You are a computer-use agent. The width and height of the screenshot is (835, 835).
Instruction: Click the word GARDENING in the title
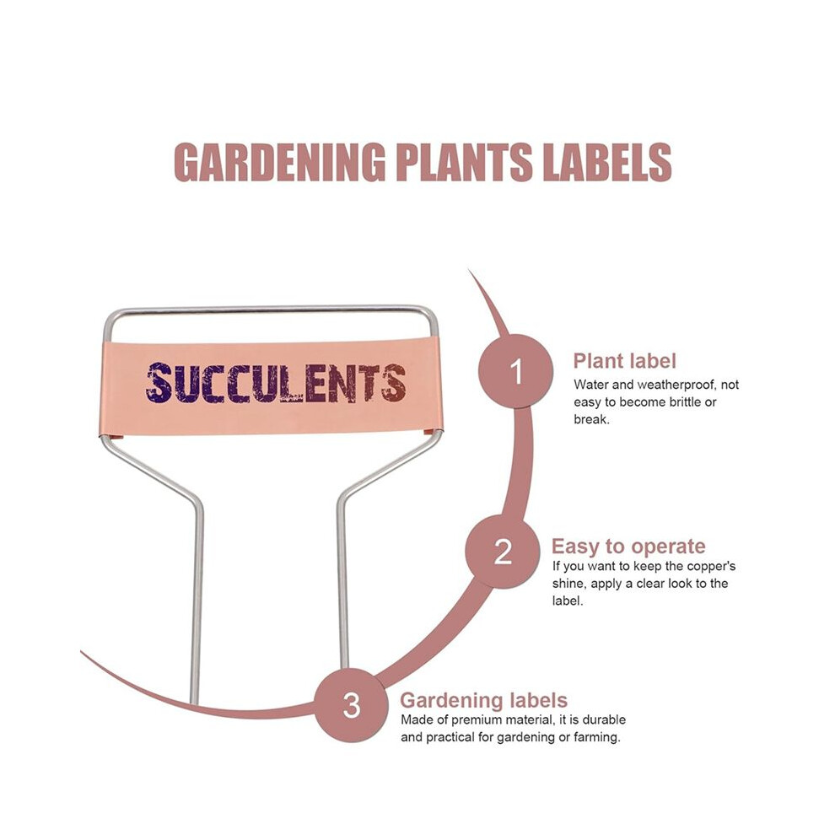tap(279, 162)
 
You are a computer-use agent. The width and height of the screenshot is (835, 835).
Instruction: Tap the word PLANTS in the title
tap(464, 162)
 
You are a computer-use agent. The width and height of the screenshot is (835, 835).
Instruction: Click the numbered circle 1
tap(515, 371)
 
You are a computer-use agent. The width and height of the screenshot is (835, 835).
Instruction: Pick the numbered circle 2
tap(503, 551)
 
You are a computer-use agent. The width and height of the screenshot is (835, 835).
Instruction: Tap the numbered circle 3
tap(351, 704)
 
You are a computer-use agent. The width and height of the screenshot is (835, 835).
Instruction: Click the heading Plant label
tap(625, 361)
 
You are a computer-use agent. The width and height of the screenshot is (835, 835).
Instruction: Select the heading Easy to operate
tap(628, 547)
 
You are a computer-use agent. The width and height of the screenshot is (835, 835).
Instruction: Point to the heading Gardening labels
tap(483, 700)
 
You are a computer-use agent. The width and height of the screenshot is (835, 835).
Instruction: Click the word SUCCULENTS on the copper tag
tap(276, 383)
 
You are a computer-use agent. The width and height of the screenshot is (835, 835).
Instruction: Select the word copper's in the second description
tap(711, 566)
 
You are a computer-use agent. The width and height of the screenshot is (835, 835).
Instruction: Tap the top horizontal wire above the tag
tap(271, 309)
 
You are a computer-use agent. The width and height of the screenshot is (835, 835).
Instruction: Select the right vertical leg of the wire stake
tap(342, 584)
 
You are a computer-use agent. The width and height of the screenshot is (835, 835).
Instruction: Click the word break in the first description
tap(591, 420)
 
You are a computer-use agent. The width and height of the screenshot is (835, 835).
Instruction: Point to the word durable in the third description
tap(604, 720)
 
